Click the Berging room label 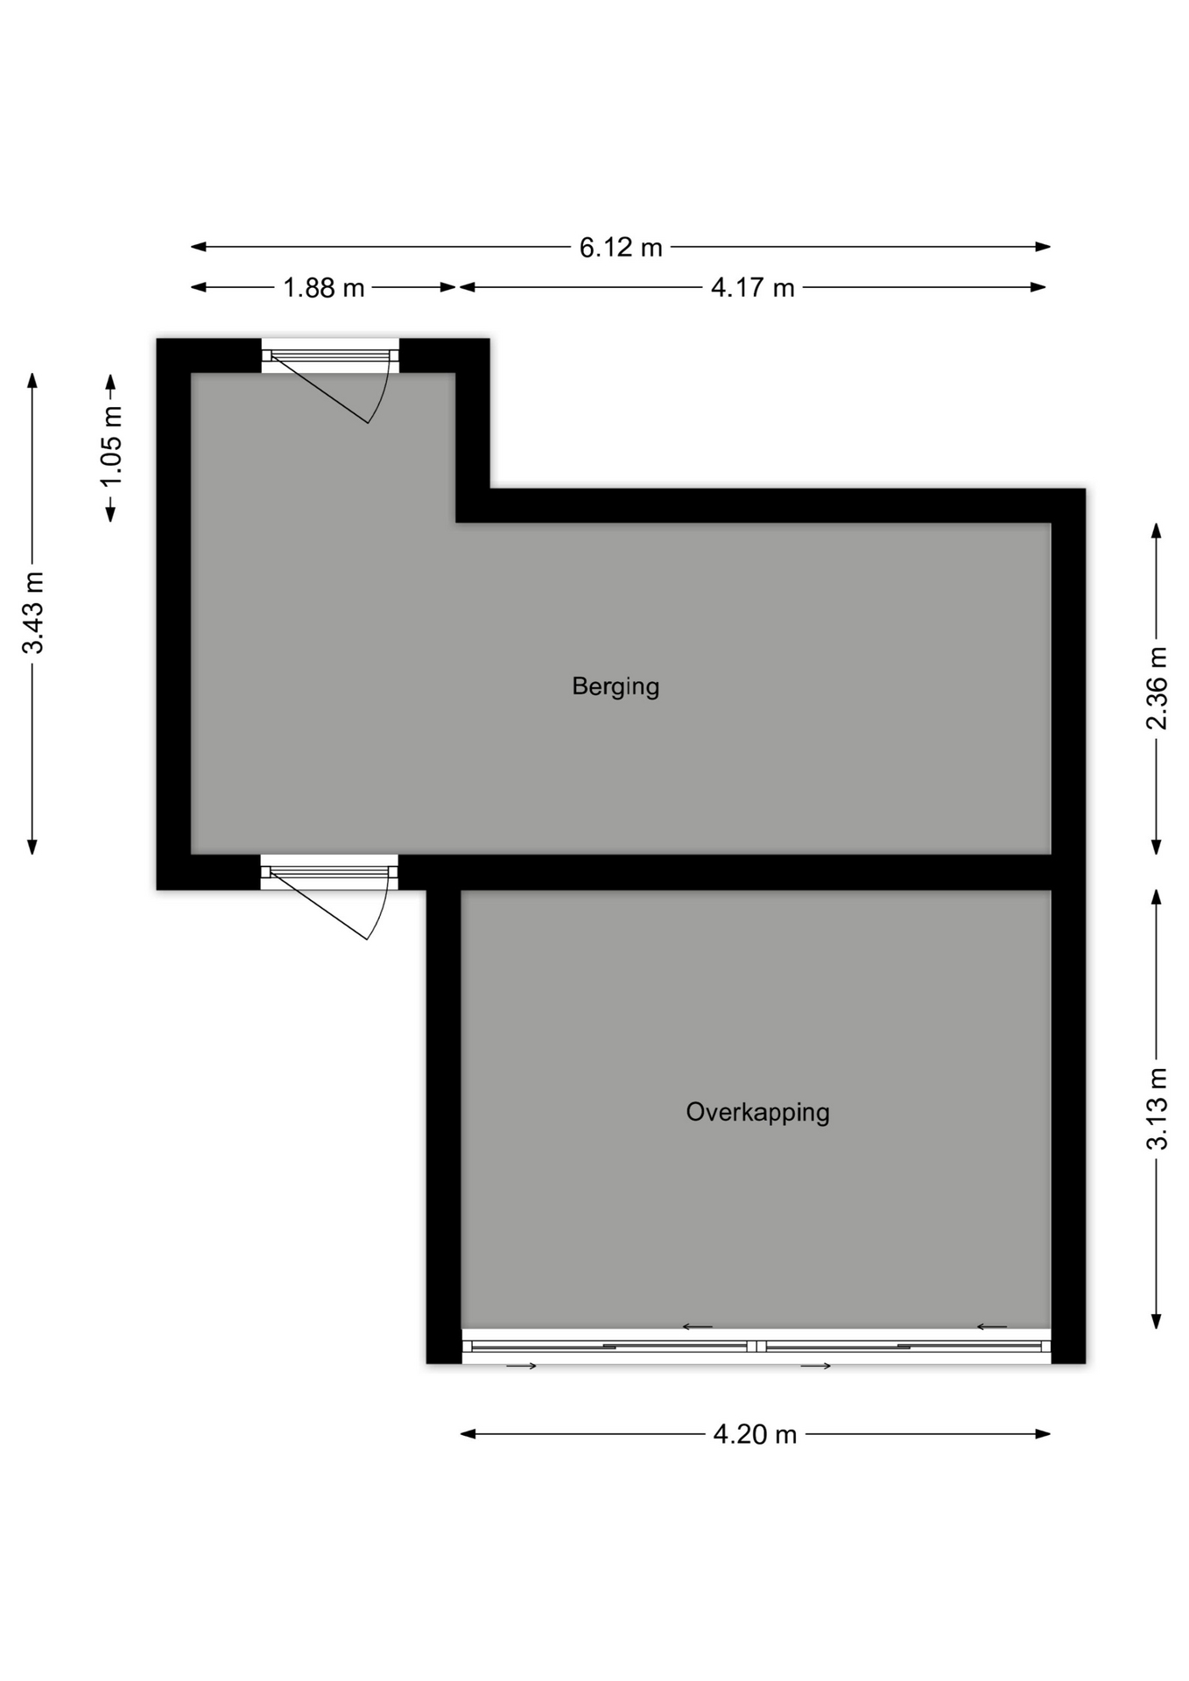click(615, 686)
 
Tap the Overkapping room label click(757, 1113)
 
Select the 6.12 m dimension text click(621, 248)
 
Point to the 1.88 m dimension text click(323, 288)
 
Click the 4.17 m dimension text click(752, 288)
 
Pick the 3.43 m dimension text click(33, 613)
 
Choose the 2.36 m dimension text click(1157, 688)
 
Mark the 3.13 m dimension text click(1157, 1108)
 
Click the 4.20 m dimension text click(755, 1434)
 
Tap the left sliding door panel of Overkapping click(609, 1347)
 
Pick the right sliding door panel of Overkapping click(904, 1347)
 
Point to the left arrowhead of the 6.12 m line click(199, 247)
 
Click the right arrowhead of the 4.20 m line click(1043, 1434)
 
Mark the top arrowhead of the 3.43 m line click(32, 381)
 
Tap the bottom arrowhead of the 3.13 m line click(1157, 1320)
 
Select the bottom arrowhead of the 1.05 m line click(110, 514)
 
